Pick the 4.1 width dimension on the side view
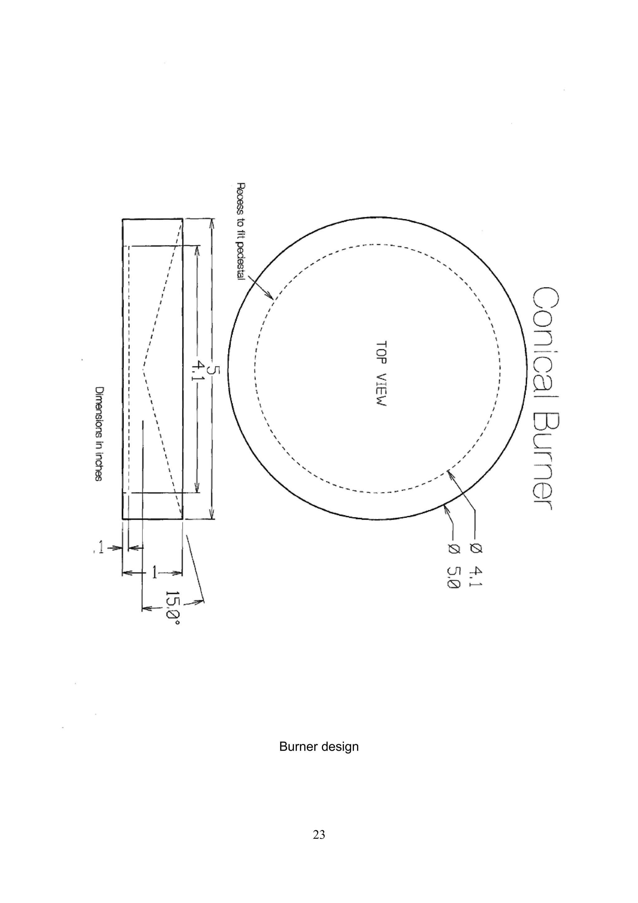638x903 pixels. click(x=197, y=372)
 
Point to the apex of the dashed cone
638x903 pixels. click(x=143, y=369)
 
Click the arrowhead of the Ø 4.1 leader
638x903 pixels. click(x=449, y=472)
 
